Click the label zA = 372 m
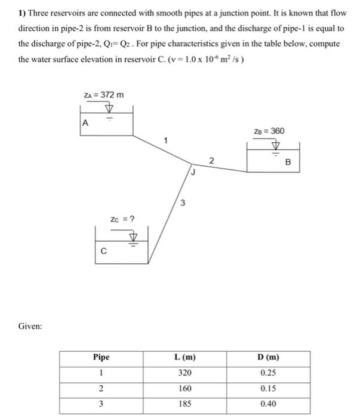coord(104,95)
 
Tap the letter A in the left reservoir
coord(85,123)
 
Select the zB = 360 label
coord(269,131)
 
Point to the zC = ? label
coord(122,219)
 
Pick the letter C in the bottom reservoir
coord(103,251)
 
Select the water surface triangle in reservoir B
coord(275,145)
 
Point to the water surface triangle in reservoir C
coord(134,236)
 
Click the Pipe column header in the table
coord(101,358)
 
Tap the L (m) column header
coord(185,358)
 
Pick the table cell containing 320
coord(185,373)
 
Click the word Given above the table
coord(29,326)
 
